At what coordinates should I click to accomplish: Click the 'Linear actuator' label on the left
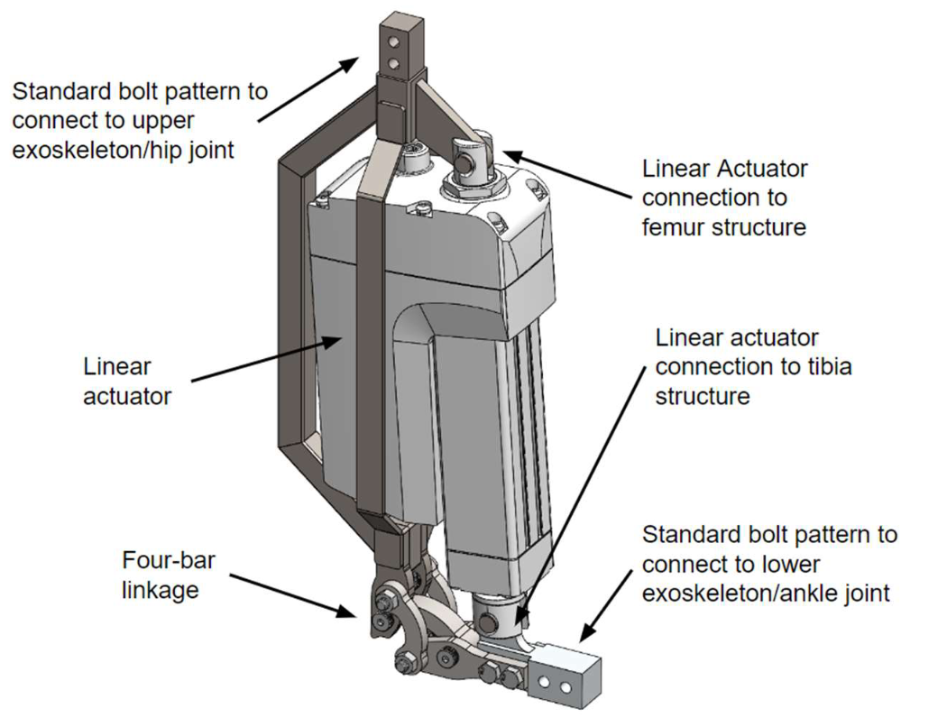pyautogui.click(x=127, y=381)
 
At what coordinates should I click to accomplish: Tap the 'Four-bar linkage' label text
pyautogui.click(x=169, y=575)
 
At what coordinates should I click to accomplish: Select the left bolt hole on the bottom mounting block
pyautogui.click(x=545, y=683)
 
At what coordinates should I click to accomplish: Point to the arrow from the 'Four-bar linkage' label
pyautogui.click(x=292, y=595)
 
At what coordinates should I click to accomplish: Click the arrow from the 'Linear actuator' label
pyautogui.click(x=267, y=360)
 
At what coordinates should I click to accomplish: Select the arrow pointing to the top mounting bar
pyautogui.click(x=308, y=89)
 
